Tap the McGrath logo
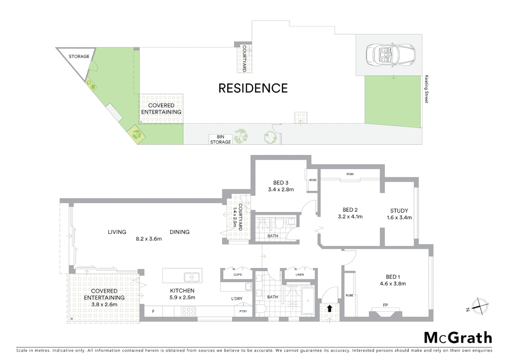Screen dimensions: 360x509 458,338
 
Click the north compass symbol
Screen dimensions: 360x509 480,306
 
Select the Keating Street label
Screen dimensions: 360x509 426,89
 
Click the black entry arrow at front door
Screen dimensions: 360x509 329,308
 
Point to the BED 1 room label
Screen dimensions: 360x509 393,277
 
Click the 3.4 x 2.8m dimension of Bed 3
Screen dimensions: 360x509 281,190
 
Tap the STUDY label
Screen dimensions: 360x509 399,211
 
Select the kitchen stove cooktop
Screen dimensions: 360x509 189,311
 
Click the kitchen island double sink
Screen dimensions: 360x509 192,277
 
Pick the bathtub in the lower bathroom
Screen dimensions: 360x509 308,301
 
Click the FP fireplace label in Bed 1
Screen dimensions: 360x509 385,305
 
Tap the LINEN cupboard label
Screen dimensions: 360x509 299,275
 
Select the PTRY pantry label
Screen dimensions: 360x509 243,311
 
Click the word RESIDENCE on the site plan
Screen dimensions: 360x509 253,88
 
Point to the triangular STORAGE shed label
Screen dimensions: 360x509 79,56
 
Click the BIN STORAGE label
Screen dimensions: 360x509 220,139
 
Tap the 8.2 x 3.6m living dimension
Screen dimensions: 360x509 149,239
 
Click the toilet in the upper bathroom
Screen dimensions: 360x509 278,223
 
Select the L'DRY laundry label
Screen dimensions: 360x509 237,299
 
